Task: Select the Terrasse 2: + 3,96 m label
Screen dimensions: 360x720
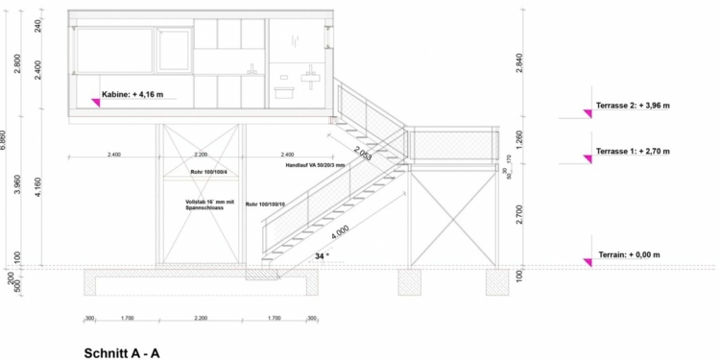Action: (633, 105)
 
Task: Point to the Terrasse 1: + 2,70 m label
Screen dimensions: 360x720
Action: (633, 151)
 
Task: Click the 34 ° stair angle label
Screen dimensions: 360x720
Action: (322, 256)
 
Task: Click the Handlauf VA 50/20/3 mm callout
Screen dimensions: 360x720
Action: (315, 166)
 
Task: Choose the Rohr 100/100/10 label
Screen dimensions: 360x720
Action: (266, 204)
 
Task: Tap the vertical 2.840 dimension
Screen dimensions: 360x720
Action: (519, 62)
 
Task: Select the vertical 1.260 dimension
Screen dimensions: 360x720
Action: (519, 135)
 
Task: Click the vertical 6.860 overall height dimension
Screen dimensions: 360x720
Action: (5, 138)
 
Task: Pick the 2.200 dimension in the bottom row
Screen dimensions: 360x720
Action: (200, 318)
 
